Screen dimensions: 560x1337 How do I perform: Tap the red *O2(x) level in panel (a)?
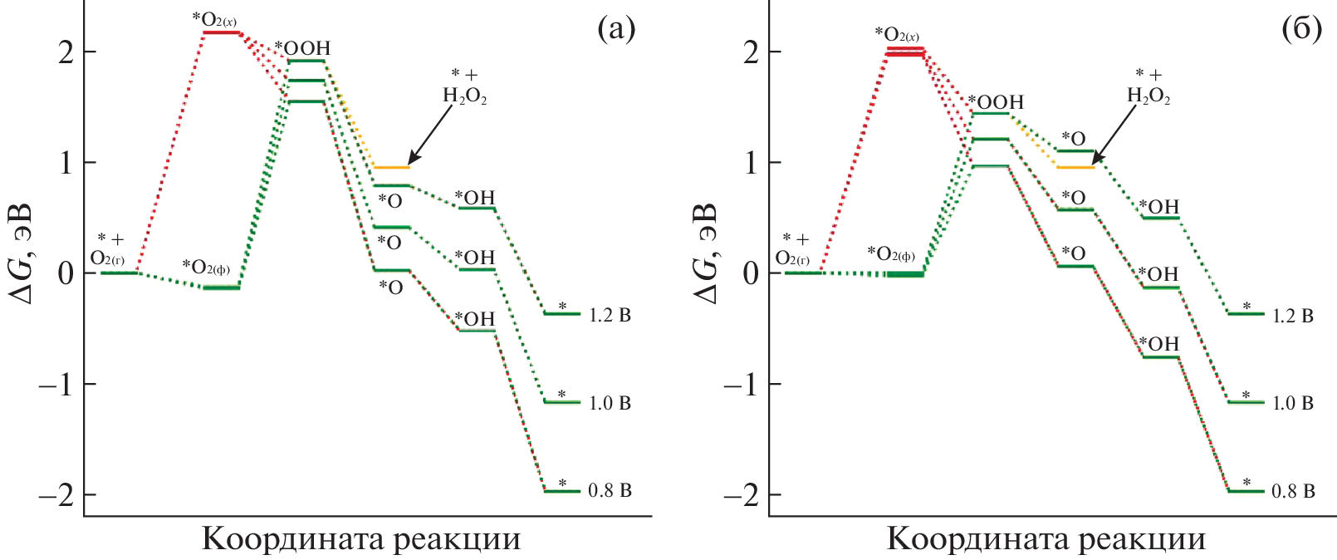pyautogui.click(x=221, y=32)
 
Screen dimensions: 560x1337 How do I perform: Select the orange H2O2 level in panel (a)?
pyautogui.click(x=391, y=167)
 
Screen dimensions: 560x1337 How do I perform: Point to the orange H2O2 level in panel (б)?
pyautogui.click(x=1075, y=167)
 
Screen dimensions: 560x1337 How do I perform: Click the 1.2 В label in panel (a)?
pyautogui.click(x=610, y=316)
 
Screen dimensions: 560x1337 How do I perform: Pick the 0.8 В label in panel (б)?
pyautogui.click(x=1293, y=492)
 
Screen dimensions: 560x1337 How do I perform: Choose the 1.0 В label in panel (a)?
pyautogui.click(x=610, y=404)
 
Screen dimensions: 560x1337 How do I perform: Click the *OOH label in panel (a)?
pyautogui.click(x=302, y=48)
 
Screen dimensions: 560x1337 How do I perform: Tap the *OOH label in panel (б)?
pyautogui.click(x=996, y=102)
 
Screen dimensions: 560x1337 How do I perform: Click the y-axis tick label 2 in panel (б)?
pyautogui.click(x=751, y=52)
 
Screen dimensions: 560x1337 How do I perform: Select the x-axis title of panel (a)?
pyautogui.click(x=361, y=539)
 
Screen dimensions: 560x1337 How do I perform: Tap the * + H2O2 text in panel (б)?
pyautogui.click(x=1148, y=86)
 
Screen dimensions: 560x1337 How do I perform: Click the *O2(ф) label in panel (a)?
pyautogui.click(x=206, y=267)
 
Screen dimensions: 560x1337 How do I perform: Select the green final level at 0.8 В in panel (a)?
pyautogui.click(x=562, y=491)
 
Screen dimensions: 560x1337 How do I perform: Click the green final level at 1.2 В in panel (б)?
pyautogui.click(x=1246, y=313)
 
